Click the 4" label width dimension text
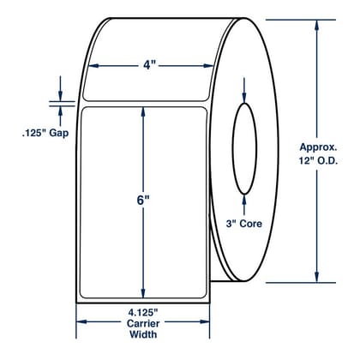click(147, 66)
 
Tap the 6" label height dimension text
click(143, 201)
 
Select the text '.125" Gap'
click(45, 133)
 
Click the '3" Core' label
click(244, 224)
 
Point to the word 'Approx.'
click(318, 147)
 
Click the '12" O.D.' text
click(318, 161)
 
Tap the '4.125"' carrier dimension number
click(143, 313)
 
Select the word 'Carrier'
click(143, 323)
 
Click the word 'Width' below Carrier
click(143, 334)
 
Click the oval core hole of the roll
click(232, 148)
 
